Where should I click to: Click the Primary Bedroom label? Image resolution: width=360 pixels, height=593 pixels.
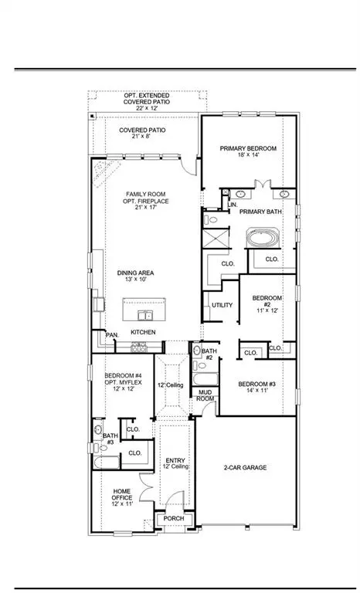click(x=248, y=148)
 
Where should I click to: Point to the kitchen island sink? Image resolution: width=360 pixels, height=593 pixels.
click(x=145, y=315)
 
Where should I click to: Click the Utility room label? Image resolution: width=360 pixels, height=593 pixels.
click(x=222, y=305)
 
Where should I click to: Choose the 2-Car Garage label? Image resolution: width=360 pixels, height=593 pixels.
click(x=247, y=467)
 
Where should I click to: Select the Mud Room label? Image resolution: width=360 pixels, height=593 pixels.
click(x=205, y=395)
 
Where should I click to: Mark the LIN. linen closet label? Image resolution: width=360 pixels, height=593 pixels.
click(x=231, y=204)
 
